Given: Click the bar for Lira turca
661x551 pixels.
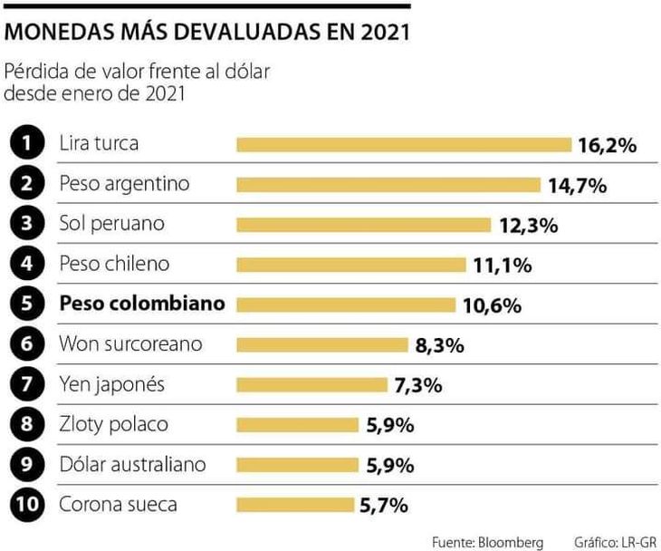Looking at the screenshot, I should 404,144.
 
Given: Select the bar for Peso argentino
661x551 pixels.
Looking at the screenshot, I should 388,185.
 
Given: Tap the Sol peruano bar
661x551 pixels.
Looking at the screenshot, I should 363,225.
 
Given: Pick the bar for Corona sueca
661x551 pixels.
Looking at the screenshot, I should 295,505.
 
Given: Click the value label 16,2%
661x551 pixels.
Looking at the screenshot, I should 608,145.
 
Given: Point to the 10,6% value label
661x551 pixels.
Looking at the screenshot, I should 492,305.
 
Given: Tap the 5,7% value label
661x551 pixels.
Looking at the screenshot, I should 384,505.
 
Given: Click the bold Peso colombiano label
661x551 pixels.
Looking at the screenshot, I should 141,304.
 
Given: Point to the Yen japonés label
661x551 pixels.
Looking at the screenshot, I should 111,384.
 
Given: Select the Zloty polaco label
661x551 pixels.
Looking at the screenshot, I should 113,424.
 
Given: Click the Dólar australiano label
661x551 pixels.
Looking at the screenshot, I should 132,464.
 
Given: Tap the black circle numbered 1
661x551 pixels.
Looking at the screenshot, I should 29,143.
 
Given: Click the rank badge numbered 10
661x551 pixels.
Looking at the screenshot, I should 29,505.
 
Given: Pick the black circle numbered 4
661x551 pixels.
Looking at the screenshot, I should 29,264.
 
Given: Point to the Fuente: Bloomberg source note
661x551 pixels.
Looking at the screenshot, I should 487,542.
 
